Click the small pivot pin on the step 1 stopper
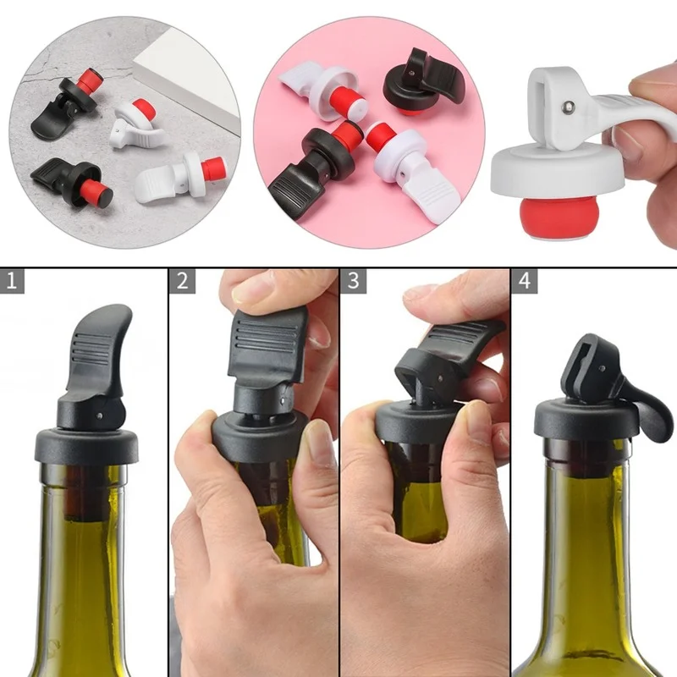click(100, 416)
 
